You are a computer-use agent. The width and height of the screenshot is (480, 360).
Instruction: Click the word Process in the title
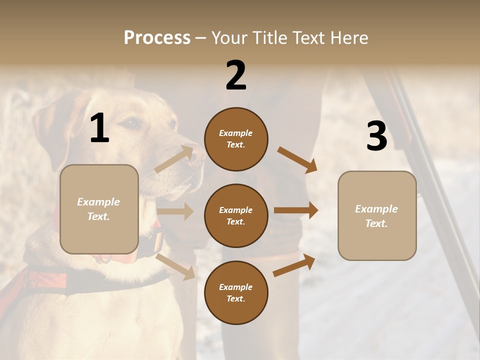pyautogui.click(x=157, y=38)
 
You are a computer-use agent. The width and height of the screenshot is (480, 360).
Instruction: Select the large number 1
pyautogui.click(x=99, y=128)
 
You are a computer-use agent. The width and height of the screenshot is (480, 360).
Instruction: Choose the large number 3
pyautogui.click(x=376, y=136)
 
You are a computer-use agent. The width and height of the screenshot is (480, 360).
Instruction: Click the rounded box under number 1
pyautogui.click(x=99, y=209)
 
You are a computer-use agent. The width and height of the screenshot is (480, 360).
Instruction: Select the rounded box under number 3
pyautogui.click(x=377, y=216)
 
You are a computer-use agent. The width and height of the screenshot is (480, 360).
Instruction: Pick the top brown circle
pyautogui.click(x=236, y=139)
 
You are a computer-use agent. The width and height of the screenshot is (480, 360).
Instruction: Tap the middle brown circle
pyautogui.click(x=236, y=216)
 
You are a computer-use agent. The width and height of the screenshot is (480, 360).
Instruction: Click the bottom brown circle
pyautogui.click(x=236, y=293)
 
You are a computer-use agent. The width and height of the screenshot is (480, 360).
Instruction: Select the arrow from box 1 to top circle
pyautogui.click(x=175, y=159)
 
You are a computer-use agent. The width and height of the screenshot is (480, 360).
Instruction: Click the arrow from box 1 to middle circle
pyautogui.click(x=175, y=211)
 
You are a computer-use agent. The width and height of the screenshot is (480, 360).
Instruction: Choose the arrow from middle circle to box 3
pyautogui.click(x=296, y=210)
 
